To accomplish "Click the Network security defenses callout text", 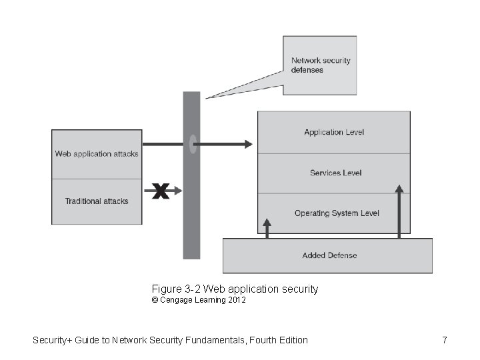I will pyautogui.click(x=320, y=65).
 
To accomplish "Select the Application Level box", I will pyautogui.click(x=333, y=132).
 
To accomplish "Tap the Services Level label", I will pyautogui.click(x=335, y=173).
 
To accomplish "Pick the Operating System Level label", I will pyautogui.click(x=337, y=213).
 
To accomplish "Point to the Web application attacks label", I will pyautogui.click(x=97, y=154).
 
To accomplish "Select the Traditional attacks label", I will pyautogui.click(x=97, y=201).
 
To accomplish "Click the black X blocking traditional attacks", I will pyautogui.click(x=160, y=192).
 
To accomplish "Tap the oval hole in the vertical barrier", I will pyautogui.click(x=192, y=144).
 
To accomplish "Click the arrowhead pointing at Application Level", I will pyautogui.click(x=249, y=144).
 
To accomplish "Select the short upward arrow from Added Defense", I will pyautogui.click(x=267, y=227).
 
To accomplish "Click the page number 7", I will pyautogui.click(x=444, y=341).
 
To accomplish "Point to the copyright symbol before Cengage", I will pyautogui.click(x=155, y=301).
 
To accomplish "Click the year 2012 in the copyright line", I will pyautogui.click(x=236, y=301).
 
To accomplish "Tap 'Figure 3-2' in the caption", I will pyautogui.click(x=176, y=289).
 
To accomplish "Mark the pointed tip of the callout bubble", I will pyautogui.click(x=207, y=98).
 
